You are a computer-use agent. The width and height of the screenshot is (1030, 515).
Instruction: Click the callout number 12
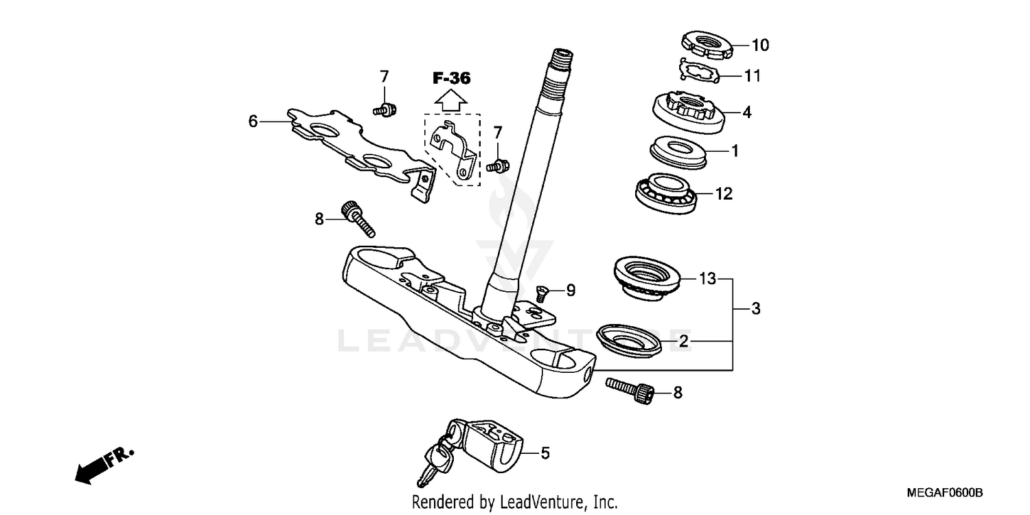724,194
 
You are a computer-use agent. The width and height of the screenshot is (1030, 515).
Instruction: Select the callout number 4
746,112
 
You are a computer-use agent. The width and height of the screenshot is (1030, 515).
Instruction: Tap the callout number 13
707,279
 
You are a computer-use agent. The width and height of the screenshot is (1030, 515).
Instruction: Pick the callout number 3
755,309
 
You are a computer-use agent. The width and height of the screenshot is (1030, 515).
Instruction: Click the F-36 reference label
451,78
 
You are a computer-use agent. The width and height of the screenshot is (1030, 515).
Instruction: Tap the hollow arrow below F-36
451,100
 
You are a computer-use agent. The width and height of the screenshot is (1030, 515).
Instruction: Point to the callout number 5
545,453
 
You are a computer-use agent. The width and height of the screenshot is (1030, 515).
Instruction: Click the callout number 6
253,122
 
